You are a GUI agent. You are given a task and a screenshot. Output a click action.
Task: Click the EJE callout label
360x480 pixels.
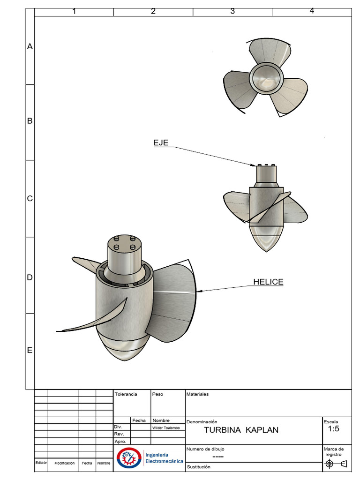tap(161, 142)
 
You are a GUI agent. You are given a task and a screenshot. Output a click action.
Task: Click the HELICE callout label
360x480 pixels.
tap(268, 282)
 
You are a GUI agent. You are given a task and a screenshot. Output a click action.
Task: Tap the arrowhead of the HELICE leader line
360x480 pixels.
tap(199, 291)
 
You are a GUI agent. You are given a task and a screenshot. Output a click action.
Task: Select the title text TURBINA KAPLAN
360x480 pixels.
tap(241, 430)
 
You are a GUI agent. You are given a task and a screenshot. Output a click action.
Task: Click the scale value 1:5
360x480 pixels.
tap(334, 429)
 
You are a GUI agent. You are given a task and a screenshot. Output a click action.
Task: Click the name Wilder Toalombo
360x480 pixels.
tap(166, 428)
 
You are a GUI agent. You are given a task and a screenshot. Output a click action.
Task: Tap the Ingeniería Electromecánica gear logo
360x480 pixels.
tap(128, 458)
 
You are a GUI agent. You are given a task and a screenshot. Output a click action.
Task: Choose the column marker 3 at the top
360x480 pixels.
tap(232, 12)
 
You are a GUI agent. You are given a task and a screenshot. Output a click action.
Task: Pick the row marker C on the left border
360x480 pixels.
tap(30, 198)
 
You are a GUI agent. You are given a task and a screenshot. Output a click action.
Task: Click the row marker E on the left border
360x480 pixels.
tap(30, 351)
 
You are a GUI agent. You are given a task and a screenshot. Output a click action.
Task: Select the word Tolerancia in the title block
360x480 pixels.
tap(126, 394)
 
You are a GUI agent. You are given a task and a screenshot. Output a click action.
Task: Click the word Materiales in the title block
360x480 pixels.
tap(198, 394)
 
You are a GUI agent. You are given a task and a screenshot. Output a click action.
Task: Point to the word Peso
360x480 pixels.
tap(158, 394)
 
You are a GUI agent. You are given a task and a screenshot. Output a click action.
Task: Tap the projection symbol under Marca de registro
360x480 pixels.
tap(337, 464)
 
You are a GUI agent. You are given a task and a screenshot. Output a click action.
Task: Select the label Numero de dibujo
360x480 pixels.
tap(205, 449)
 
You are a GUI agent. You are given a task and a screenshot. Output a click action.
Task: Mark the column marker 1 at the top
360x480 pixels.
tap(74, 12)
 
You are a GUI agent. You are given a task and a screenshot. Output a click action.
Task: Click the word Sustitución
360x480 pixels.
tap(199, 467)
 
